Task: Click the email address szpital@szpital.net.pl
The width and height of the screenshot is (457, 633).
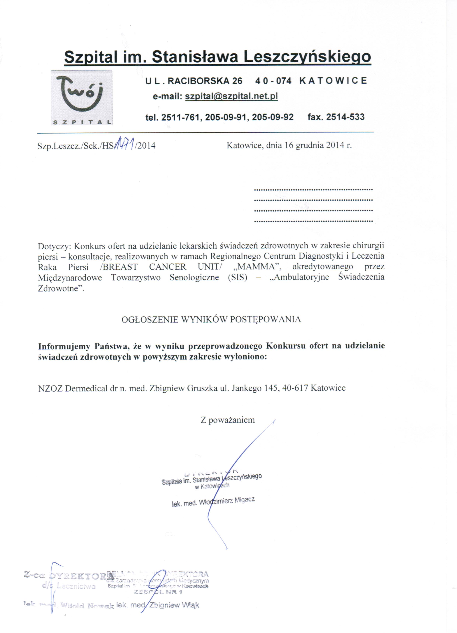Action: pos(231,96)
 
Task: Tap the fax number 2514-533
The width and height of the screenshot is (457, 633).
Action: pos(345,117)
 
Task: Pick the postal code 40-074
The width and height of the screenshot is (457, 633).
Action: pos(273,81)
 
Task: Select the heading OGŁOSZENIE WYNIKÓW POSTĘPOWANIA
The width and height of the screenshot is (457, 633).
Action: pos(211,320)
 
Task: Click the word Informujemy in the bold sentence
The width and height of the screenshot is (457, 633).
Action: pos(64,346)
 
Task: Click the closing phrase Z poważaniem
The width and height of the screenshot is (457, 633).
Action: pos(228,420)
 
